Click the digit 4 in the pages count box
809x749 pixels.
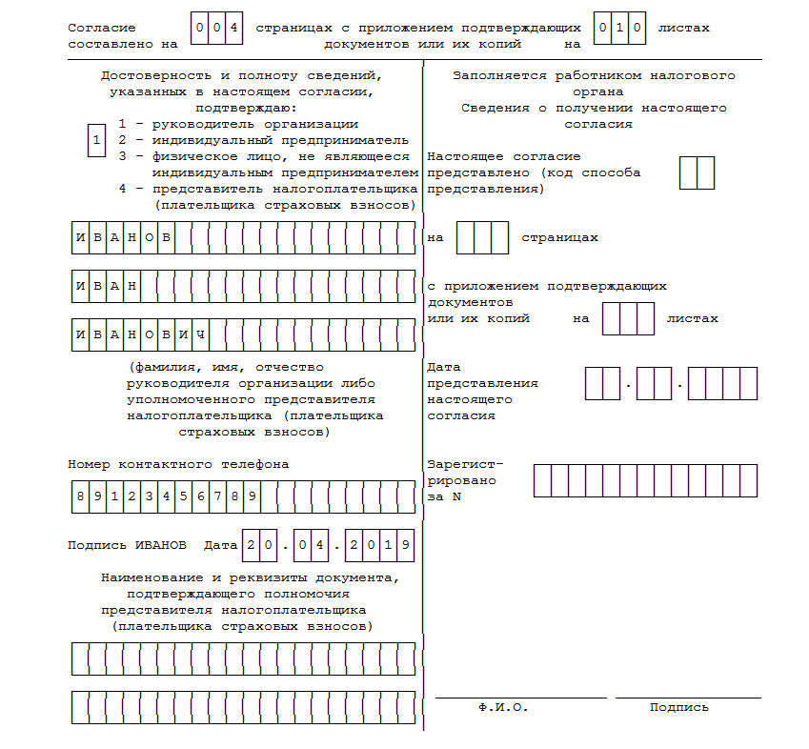pyautogui.click(x=233, y=28)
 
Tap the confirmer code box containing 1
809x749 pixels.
pyautogui.click(x=95, y=141)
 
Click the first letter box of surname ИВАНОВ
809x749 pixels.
pyautogui.click(x=80, y=237)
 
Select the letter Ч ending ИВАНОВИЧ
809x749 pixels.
pyautogui.click(x=200, y=334)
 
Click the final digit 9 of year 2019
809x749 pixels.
pyautogui.click(x=406, y=545)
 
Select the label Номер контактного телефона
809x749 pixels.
pyautogui.click(x=178, y=464)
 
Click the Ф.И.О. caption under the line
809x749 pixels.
pyautogui.click(x=503, y=708)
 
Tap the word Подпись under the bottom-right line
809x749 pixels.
pyautogui.click(x=679, y=708)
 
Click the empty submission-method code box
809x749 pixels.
pyautogui.click(x=697, y=172)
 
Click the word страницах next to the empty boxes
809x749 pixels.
pyautogui.click(x=559, y=237)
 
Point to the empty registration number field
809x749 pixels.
pyautogui.click(x=645, y=480)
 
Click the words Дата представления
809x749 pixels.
pyautogui.click(x=482, y=375)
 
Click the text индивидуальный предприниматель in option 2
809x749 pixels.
pyautogui.click(x=271, y=140)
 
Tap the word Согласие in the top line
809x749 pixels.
pyautogui.click(x=102, y=29)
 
